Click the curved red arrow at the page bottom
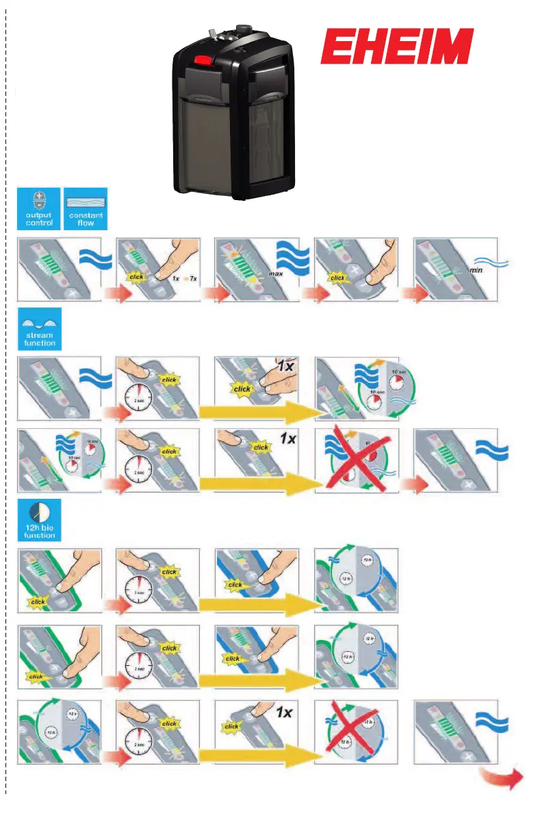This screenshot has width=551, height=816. tap(505, 778)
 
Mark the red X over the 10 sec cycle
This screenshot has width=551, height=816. tap(356, 458)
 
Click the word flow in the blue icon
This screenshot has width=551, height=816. tap(85, 223)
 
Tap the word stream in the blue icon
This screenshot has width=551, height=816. tap(39, 336)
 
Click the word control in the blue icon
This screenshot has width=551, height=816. tap(38, 223)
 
